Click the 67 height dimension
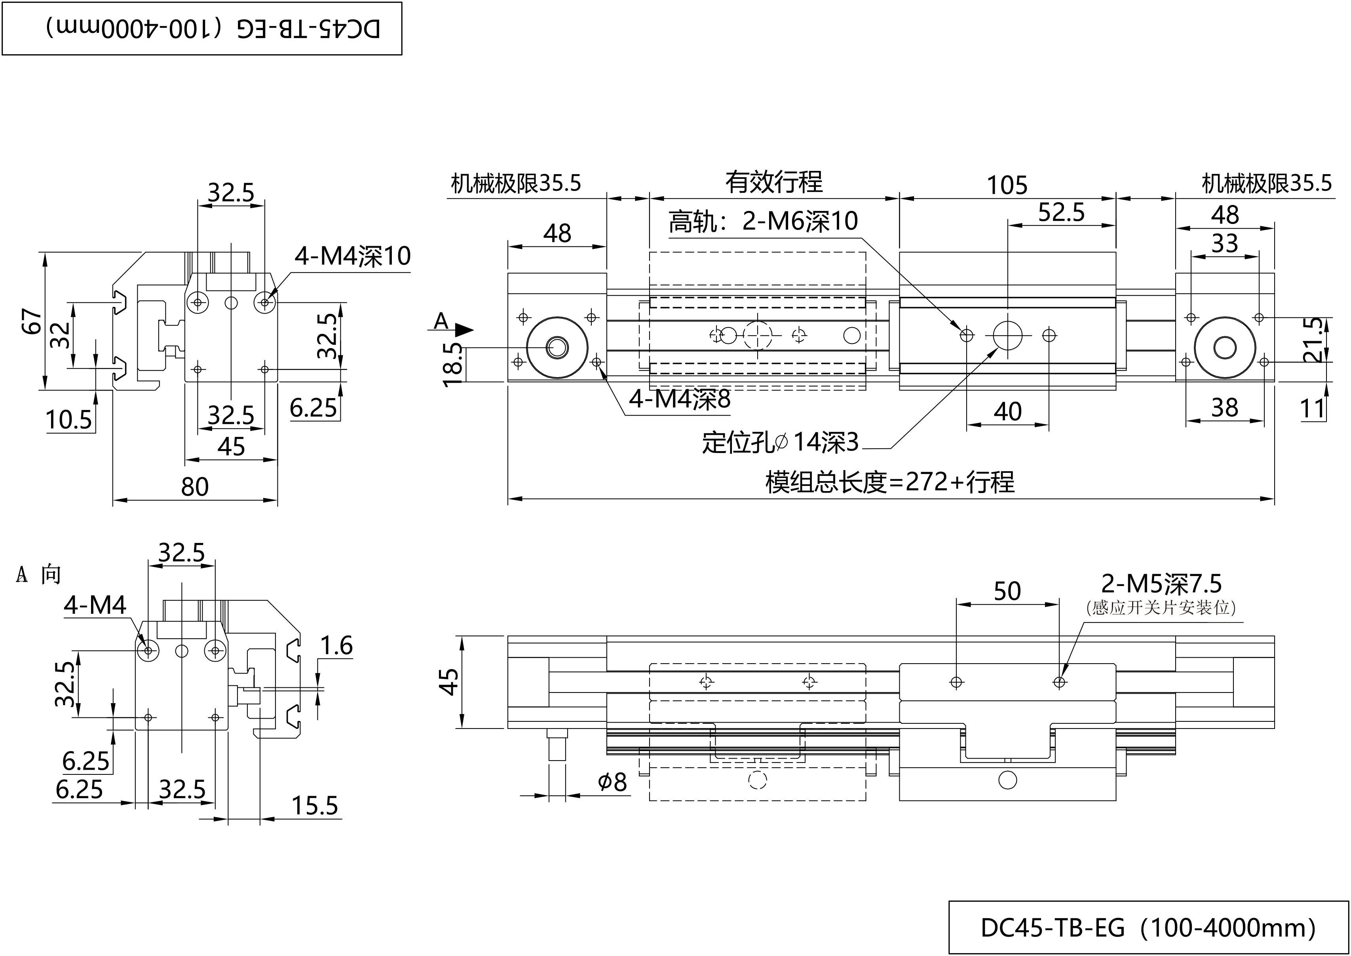tap(32, 321)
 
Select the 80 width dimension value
tap(194, 487)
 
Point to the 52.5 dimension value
tap(1061, 212)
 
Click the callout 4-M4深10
tap(352, 256)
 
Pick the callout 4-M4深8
tap(680, 399)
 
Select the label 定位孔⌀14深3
tap(780, 442)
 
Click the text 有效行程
tap(773, 182)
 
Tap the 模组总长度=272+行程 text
tap(890, 482)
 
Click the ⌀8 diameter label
tap(612, 782)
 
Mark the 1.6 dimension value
tap(336, 646)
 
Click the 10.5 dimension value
tap(69, 420)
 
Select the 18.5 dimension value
tap(453, 364)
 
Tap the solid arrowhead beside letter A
tap(465, 330)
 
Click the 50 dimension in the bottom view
tap(1007, 591)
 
